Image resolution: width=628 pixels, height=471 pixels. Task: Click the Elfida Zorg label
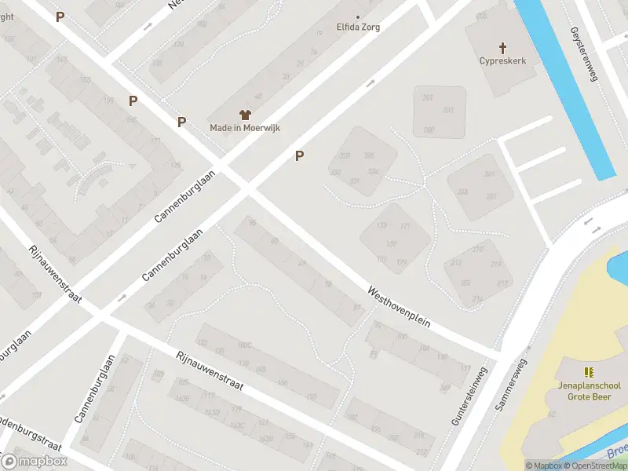359,26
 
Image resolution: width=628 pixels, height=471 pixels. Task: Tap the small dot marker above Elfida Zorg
359,16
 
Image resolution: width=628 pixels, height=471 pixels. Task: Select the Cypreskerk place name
502,60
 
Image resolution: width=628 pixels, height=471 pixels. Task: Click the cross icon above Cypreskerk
502,47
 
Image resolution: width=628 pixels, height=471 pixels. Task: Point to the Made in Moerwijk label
245,128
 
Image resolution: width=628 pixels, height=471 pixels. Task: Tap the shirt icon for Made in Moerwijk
245,115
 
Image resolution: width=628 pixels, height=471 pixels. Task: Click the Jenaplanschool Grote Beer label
594,391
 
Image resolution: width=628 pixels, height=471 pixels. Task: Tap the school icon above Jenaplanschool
589,371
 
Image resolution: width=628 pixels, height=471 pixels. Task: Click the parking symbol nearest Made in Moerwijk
181,122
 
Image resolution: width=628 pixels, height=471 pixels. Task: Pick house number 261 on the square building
428,97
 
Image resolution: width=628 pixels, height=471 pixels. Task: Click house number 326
369,155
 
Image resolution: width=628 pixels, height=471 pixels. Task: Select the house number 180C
246,345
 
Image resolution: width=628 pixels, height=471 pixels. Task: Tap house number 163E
183,398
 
